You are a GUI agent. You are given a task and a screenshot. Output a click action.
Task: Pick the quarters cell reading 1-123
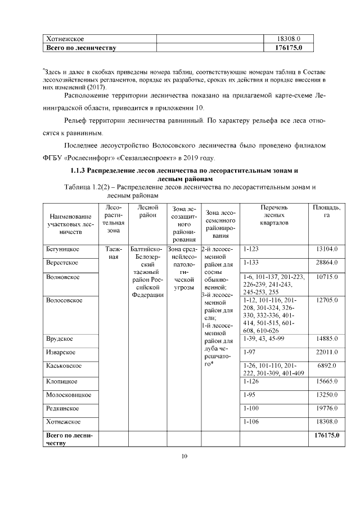tap(251, 249)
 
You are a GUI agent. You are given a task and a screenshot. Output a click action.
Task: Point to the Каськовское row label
tap(64, 366)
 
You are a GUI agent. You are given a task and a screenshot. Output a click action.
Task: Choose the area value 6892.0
tap(328, 366)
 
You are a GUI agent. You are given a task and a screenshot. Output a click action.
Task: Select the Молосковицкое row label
tap(69, 395)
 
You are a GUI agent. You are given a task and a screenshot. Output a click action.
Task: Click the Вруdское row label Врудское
tap(61, 339)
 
